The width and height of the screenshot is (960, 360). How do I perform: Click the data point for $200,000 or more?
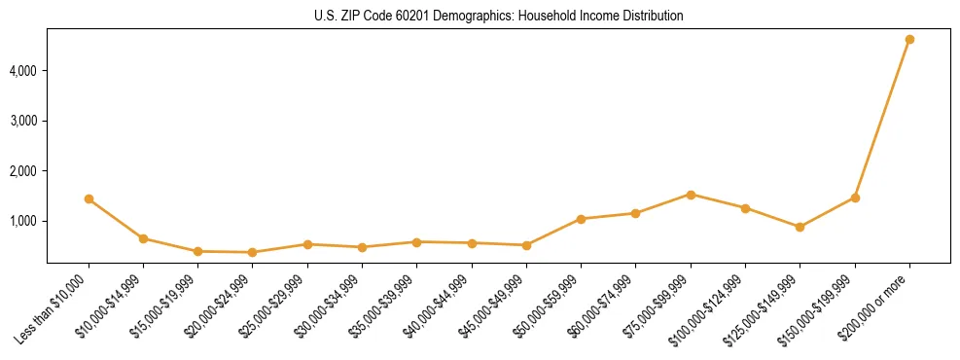point(909,40)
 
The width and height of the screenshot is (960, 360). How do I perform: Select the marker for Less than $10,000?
point(89,198)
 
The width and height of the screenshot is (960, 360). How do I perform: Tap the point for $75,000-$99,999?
point(691,195)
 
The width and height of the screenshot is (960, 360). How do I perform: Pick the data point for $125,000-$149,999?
point(800,227)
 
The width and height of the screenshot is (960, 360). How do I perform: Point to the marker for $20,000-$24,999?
point(253,252)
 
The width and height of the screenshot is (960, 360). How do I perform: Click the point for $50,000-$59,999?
point(581,219)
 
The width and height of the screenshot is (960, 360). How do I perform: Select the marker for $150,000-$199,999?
point(855,198)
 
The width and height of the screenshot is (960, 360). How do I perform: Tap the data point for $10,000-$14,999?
point(143,238)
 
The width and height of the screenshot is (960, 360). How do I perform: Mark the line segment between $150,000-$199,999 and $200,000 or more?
point(882,119)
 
